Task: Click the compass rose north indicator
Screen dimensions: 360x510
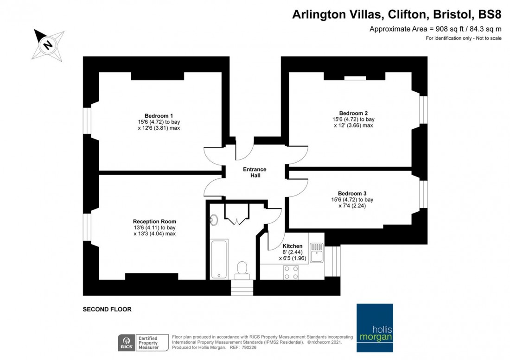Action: click(48, 45)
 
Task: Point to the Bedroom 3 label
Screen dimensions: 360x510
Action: click(352, 193)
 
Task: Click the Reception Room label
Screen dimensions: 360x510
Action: click(154, 221)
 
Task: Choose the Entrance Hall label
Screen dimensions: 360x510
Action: click(255, 172)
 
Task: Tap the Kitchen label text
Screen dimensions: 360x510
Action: click(293, 246)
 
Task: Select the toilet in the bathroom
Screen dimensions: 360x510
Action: click(242, 268)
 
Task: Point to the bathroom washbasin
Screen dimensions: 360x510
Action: click(215, 220)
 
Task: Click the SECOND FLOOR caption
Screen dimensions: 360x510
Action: click(107, 309)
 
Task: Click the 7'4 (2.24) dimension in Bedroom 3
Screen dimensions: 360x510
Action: click(352, 206)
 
